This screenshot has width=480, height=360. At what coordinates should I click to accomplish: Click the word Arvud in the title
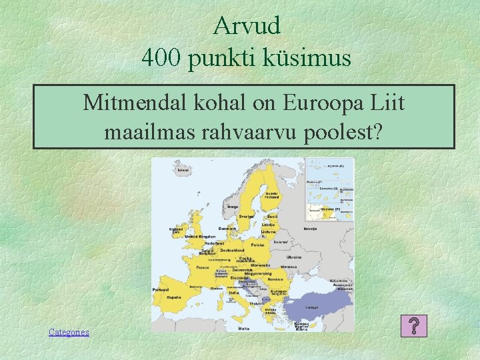pos(247,26)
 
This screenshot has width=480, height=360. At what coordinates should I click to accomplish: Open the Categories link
pos(69,332)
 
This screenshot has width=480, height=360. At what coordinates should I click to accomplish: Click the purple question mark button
pos(414,327)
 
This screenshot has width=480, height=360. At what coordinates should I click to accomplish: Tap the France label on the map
pos(203,267)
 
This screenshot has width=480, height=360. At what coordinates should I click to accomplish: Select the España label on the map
pos(175,297)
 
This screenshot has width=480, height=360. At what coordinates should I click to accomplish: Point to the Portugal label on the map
pos(160,290)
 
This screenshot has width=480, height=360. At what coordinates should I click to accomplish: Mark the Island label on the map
pos(182,171)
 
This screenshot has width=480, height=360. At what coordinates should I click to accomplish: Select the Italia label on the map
pos(233,293)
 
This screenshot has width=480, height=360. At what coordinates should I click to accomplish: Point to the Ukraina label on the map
pos(294,257)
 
